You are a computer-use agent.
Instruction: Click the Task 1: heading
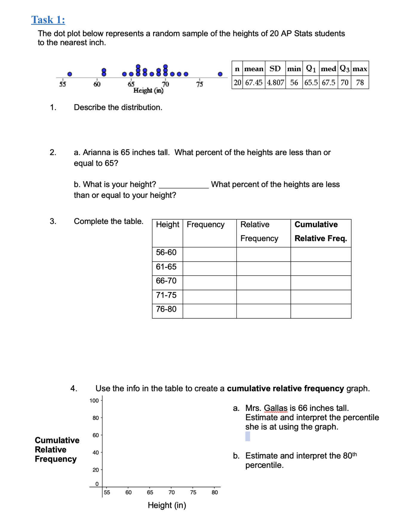[x=48, y=20]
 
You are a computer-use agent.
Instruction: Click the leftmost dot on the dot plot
[x=70, y=74]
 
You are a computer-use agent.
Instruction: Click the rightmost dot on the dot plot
[x=220, y=74]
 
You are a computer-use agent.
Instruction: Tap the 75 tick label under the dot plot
[x=199, y=84]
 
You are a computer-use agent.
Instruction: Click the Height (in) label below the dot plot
[x=148, y=90]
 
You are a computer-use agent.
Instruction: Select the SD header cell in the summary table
[x=275, y=69]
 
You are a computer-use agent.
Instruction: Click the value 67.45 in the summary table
[x=254, y=82]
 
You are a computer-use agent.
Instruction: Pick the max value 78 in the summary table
[x=360, y=82]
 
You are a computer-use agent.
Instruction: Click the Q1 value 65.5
[x=311, y=82]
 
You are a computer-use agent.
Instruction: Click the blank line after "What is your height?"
[x=184, y=185]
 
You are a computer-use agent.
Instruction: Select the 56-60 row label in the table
[x=166, y=252]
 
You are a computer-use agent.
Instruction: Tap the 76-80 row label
[x=166, y=309]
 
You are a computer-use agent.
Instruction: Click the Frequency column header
[x=205, y=225]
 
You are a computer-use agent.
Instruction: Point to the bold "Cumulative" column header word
[x=316, y=225]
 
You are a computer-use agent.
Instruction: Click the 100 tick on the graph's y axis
[x=94, y=400]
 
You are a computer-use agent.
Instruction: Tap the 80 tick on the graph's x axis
[x=215, y=492]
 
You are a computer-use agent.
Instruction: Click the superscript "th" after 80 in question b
[x=354, y=454]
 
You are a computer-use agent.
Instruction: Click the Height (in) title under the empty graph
[x=167, y=505]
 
